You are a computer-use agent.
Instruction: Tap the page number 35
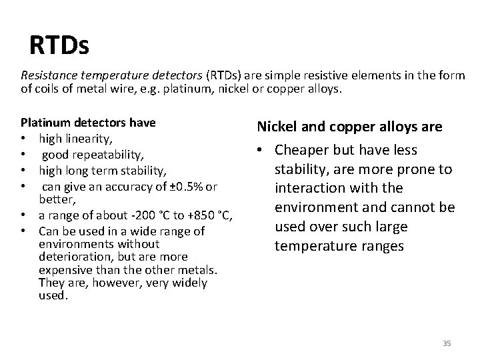pyautogui.click(x=447, y=343)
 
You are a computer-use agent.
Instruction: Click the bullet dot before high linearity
pyautogui.click(x=25, y=138)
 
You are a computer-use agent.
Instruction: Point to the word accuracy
pyautogui.click(x=121, y=184)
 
